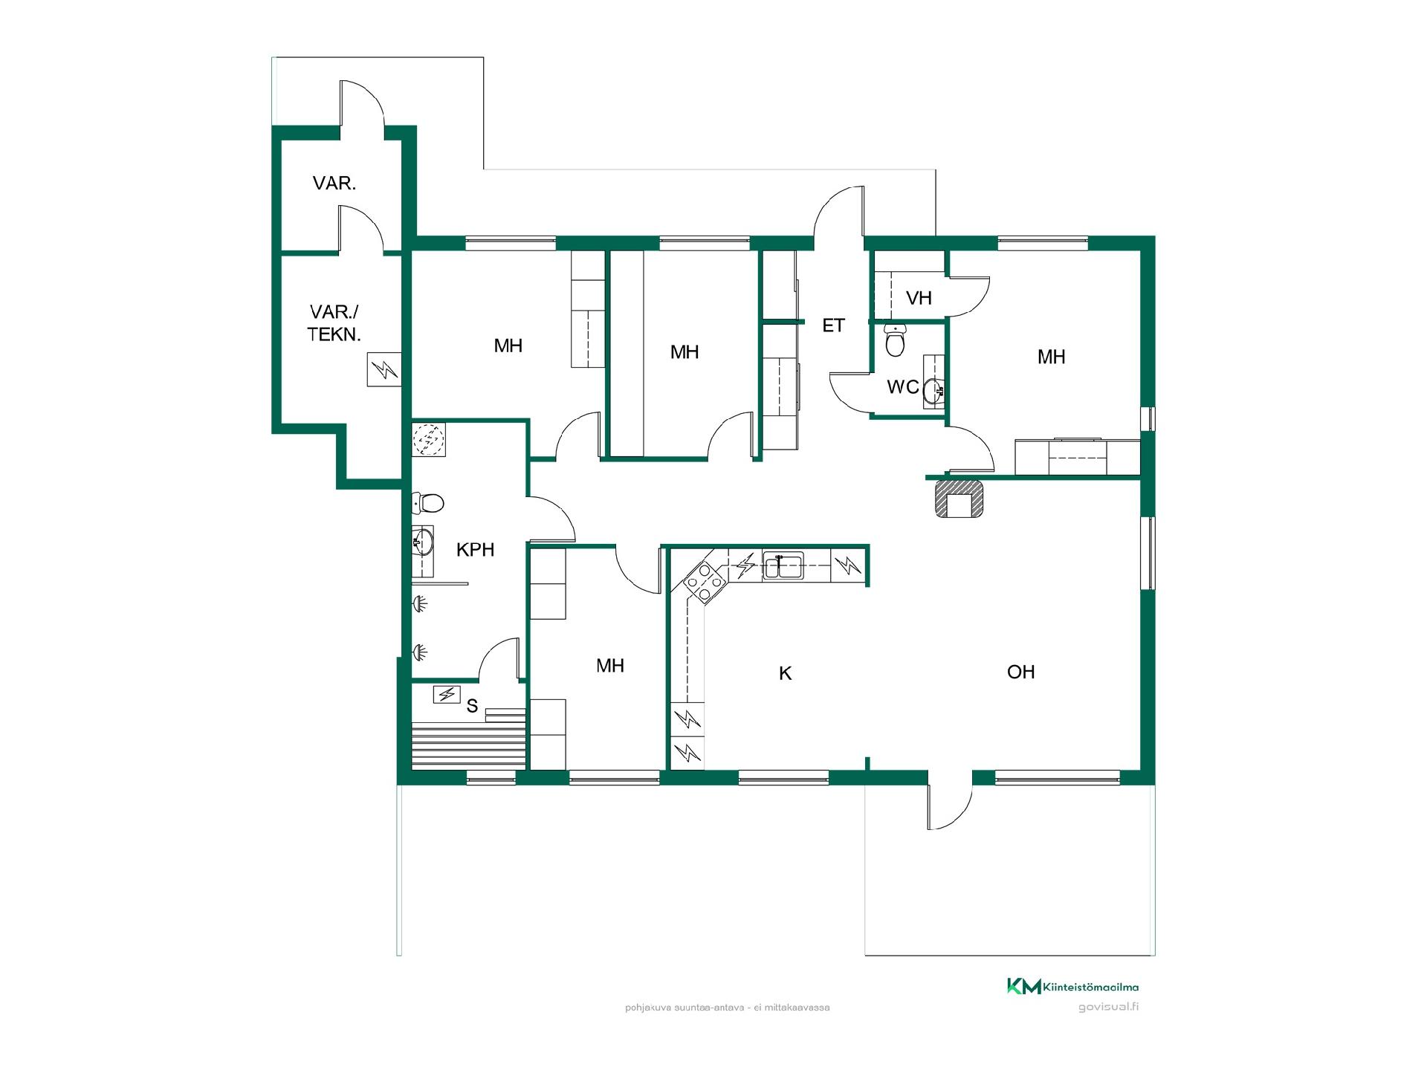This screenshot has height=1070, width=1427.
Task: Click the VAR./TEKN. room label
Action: click(334, 322)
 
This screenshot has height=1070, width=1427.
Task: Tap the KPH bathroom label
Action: click(475, 550)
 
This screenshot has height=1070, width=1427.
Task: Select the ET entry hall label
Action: click(833, 325)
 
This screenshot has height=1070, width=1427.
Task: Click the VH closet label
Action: click(919, 298)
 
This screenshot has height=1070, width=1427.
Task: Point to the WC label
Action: click(903, 387)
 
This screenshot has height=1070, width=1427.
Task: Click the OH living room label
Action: click(1020, 672)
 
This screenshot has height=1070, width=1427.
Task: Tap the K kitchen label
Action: click(785, 673)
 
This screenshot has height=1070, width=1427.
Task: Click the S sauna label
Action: click(472, 706)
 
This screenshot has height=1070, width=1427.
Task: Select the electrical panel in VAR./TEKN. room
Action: click(384, 369)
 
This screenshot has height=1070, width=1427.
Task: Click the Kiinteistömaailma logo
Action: click(1072, 986)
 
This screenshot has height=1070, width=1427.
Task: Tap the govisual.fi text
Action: click(1108, 1007)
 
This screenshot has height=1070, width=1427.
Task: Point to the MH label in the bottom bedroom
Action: click(610, 666)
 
